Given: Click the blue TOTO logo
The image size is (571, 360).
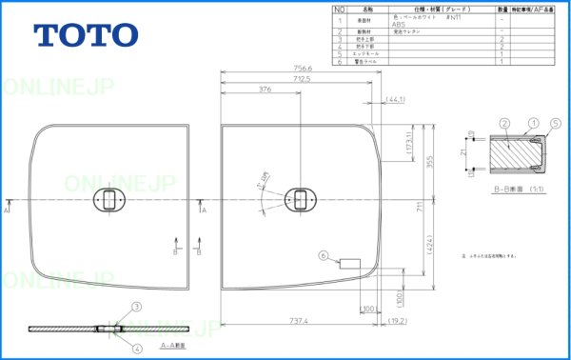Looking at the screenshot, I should tap(87, 36).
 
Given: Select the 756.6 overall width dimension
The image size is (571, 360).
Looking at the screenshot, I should tap(305, 68).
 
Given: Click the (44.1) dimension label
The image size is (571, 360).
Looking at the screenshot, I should tap(397, 99).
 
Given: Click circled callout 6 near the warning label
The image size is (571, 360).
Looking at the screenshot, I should tap(324, 255).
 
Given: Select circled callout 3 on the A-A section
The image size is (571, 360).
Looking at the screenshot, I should tap(136, 306).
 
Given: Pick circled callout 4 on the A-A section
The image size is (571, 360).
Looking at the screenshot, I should tap(136, 349).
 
